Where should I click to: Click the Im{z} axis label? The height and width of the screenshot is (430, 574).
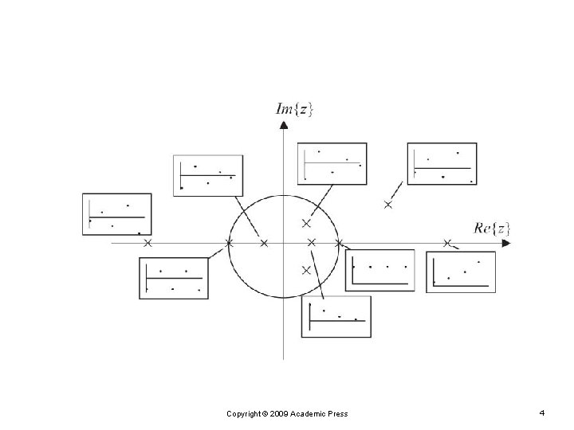(x=294, y=111)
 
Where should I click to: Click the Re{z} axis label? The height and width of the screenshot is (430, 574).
(x=492, y=229)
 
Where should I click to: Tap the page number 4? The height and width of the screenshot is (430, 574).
(x=541, y=412)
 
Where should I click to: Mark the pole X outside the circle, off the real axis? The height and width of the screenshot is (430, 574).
(x=388, y=205)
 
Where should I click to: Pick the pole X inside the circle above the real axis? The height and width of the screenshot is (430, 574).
(x=305, y=222)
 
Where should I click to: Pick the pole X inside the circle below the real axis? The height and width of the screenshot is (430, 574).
(x=305, y=271)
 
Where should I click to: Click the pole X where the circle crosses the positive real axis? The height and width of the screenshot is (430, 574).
(x=339, y=242)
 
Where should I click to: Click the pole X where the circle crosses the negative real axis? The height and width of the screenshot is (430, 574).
(x=229, y=242)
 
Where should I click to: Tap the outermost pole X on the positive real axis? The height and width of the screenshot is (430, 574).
(x=447, y=242)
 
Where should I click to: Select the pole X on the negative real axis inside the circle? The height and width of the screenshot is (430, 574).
(x=264, y=242)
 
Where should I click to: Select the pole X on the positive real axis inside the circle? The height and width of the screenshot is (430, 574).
(x=312, y=242)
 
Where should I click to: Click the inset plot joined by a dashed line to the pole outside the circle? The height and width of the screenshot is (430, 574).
(x=442, y=164)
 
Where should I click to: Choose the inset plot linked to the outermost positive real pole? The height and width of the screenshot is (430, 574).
(x=460, y=272)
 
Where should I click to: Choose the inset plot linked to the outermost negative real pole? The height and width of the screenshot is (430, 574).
(x=117, y=214)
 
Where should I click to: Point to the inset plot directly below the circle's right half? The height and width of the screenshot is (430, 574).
(x=336, y=317)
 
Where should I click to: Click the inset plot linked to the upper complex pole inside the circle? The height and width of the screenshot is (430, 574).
(x=332, y=166)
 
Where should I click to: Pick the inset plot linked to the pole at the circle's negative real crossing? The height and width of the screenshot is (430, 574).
(x=173, y=278)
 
